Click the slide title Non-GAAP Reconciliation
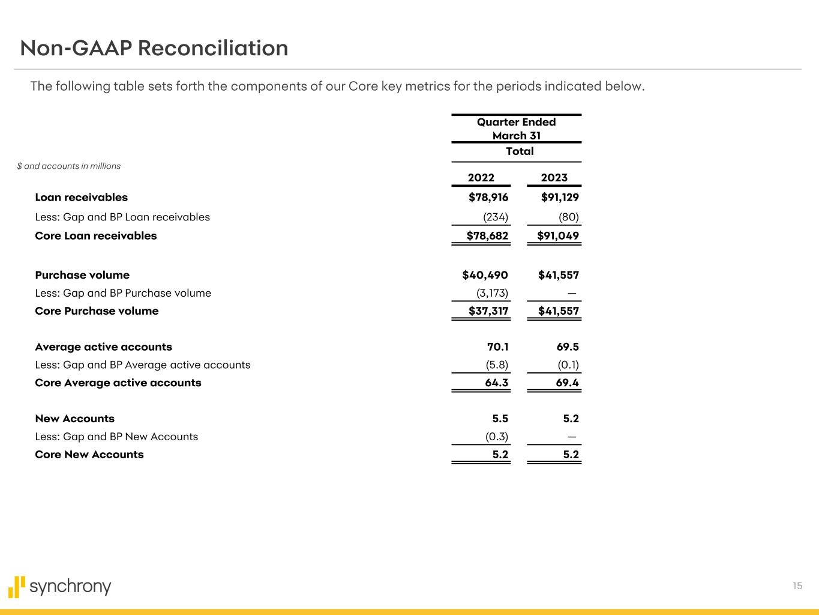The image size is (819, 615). (x=154, y=48)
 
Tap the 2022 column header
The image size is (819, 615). (x=481, y=177)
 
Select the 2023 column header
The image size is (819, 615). (x=554, y=177)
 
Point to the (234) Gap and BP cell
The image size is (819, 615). (x=496, y=217)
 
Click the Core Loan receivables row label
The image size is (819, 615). (x=96, y=236)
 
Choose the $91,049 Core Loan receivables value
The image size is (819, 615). (x=558, y=236)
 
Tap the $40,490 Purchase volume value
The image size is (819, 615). (x=485, y=275)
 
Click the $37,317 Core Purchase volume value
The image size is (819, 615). (x=488, y=311)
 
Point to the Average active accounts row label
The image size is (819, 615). (x=103, y=347)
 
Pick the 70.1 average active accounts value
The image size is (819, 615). (x=497, y=347)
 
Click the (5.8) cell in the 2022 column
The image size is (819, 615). (x=497, y=365)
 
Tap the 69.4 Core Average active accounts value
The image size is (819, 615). (x=567, y=383)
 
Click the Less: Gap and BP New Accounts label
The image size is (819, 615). (x=116, y=437)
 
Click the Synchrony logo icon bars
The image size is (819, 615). (x=17, y=587)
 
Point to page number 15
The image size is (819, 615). (x=797, y=586)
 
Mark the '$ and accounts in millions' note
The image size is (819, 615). (x=68, y=166)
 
